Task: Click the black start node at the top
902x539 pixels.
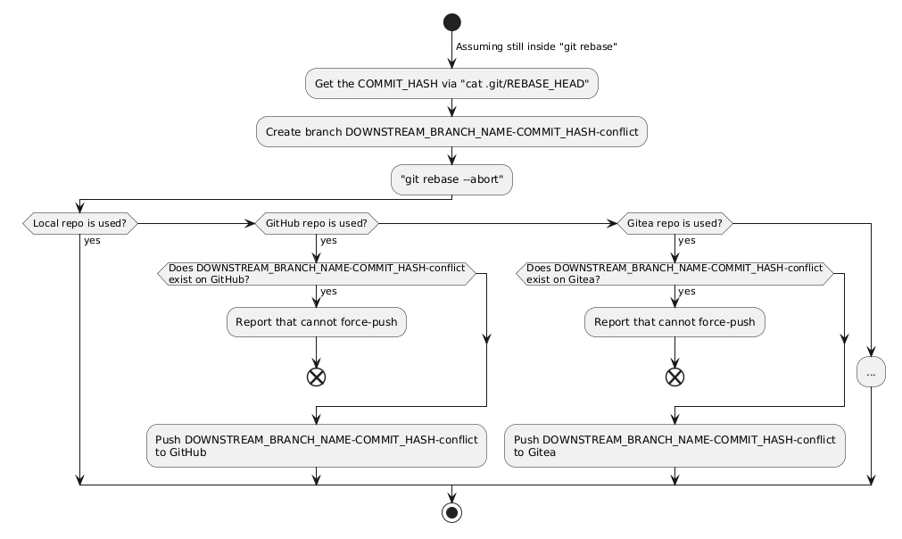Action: click(x=452, y=22)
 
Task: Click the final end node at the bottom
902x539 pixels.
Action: click(x=452, y=512)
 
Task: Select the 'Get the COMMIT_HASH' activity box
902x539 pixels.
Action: click(x=451, y=83)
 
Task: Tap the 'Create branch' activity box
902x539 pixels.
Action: click(x=451, y=132)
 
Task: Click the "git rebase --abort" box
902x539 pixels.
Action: click(x=451, y=179)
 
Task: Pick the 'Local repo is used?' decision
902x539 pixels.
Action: click(x=80, y=223)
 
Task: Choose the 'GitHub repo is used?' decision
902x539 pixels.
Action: click(x=317, y=223)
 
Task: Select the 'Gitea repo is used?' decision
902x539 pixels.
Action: click(x=674, y=223)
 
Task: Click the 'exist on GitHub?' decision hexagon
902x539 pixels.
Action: click(x=317, y=274)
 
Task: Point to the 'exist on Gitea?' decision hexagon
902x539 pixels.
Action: click(x=674, y=274)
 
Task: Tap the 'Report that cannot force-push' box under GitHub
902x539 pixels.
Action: click(x=317, y=322)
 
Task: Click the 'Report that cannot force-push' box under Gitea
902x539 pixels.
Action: click(x=674, y=322)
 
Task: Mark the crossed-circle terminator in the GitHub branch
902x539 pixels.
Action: click(x=317, y=377)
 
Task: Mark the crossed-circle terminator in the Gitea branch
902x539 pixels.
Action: click(x=674, y=377)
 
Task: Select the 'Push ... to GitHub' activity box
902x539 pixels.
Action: click(x=317, y=446)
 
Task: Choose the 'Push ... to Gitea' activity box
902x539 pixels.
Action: click(x=674, y=446)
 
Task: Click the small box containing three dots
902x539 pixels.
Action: click(x=871, y=372)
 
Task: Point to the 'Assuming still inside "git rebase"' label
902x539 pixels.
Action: click(x=536, y=46)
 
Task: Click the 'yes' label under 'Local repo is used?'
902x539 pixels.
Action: click(x=92, y=240)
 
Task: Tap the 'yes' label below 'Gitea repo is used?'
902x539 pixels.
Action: click(x=687, y=240)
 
